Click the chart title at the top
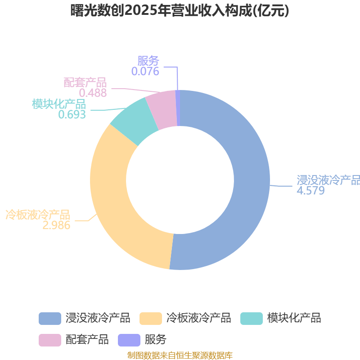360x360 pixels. (x=180, y=10)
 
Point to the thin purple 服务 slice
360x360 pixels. (x=177, y=108)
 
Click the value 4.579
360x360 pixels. (x=310, y=190)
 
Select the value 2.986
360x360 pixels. (x=56, y=225)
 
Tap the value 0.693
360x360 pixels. (x=72, y=114)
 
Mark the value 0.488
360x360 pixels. (x=93, y=93)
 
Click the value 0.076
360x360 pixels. (x=145, y=71)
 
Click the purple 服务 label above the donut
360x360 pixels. (x=148, y=61)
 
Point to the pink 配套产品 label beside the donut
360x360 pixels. (x=85, y=82)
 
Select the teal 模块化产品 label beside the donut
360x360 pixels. (x=59, y=104)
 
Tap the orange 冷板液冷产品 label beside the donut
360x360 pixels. (x=38, y=215)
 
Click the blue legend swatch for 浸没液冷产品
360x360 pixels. (x=50, y=319)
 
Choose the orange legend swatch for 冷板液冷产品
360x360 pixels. (x=151, y=319)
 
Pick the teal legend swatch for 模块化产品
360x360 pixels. (x=252, y=319)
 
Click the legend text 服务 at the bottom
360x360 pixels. (x=155, y=340)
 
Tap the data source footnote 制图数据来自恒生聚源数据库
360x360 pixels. (x=180, y=355)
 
